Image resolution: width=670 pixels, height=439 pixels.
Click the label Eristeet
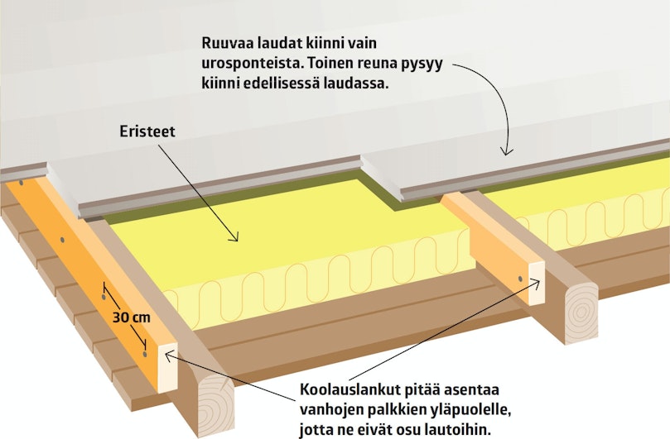[147, 131]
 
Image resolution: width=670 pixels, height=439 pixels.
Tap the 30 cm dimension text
[132, 317]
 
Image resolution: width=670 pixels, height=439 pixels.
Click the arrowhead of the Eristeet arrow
[234, 236]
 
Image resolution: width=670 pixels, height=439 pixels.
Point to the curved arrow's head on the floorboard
[507, 150]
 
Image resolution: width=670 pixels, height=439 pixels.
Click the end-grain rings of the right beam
[581, 313]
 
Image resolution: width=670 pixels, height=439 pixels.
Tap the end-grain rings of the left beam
[218, 406]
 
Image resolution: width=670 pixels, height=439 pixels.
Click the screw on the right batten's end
[520, 279]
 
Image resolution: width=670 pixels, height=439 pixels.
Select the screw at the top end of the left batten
[21, 183]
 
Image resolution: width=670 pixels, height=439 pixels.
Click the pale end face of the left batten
[168, 368]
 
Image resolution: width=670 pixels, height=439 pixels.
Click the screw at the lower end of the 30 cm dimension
[145, 354]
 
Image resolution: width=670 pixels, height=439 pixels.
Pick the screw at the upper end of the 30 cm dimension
[104, 297]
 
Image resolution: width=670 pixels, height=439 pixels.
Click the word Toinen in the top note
[330, 64]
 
